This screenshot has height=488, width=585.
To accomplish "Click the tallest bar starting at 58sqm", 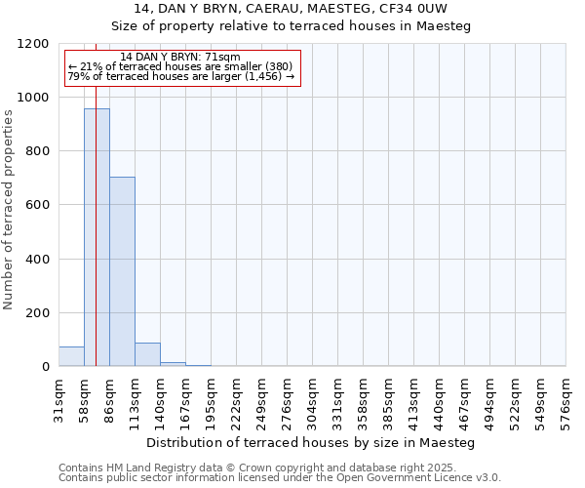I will point(97,237).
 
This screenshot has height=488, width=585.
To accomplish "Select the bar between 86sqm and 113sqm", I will point(122,271).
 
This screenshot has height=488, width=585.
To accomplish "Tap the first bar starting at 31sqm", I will point(71,356).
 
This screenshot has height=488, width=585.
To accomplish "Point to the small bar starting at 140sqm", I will point(173,364).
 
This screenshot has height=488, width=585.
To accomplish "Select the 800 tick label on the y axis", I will point(37,151).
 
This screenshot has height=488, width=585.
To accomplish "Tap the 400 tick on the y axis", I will point(37,260).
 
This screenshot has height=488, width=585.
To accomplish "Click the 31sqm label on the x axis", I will point(59,397).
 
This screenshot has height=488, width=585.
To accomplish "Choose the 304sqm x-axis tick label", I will point(313,397).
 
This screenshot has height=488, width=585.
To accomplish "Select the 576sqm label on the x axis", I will point(566,397).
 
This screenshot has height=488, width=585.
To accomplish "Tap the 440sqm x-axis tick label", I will point(440,397).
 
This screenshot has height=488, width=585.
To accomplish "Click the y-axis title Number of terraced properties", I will point(9,210).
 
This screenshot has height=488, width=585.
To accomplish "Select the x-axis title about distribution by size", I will point(312,442).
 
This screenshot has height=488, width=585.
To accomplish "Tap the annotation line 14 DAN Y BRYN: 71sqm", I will point(180,58).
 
